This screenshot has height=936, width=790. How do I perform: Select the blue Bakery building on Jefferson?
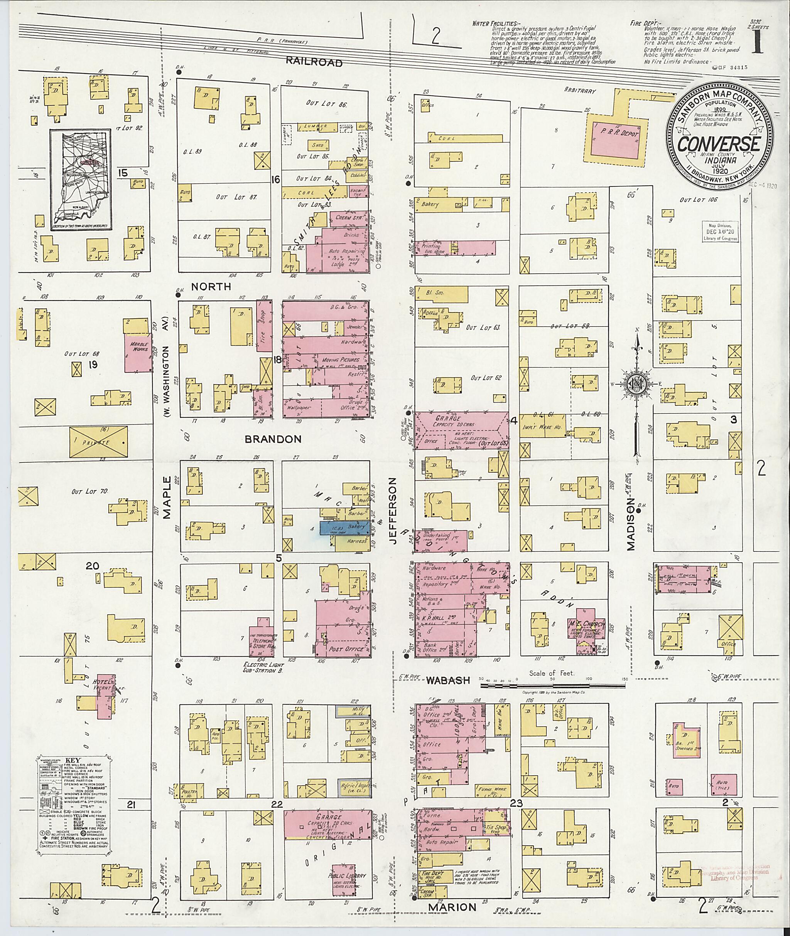pyautogui.click(x=344, y=528)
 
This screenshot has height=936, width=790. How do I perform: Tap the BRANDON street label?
pyautogui.click(x=273, y=439)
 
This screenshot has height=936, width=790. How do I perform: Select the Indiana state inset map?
pyautogui.click(x=81, y=180)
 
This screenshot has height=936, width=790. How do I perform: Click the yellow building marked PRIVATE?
pyautogui.click(x=98, y=442)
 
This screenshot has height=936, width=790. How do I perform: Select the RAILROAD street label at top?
pyautogui.click(x=314, y=62)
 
